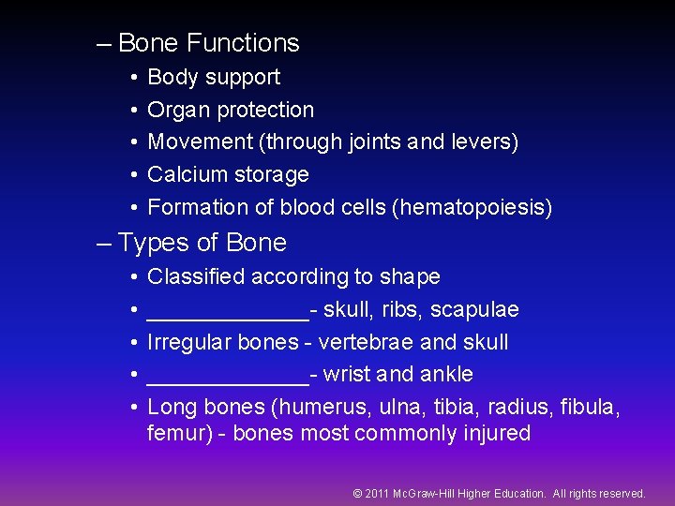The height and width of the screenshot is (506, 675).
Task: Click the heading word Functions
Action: coord(243,43)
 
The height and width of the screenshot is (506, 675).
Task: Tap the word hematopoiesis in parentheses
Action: coord(476,207)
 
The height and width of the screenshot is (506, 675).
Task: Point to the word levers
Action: coord(481,141)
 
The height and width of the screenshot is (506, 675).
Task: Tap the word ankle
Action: coord(448,375)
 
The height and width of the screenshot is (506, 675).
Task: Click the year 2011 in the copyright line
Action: coord(377,493)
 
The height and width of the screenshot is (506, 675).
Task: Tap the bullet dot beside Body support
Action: coord(135,78)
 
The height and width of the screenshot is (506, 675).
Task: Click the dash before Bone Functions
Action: coord(103,43)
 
